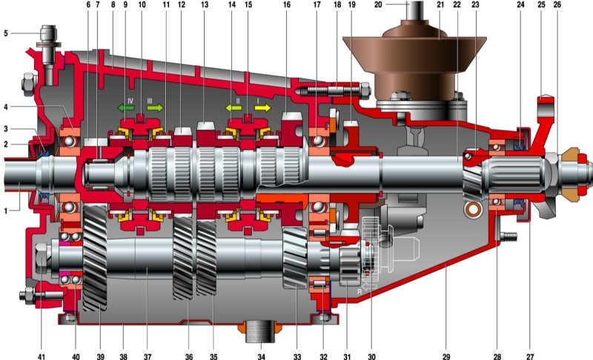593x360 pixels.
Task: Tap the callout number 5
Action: pos(6,33)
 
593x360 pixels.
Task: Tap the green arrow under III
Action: pos(155,108)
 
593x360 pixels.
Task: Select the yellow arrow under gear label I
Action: pos(262,108)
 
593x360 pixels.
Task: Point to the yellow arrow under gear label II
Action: pos(234,108)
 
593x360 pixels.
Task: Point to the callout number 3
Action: pos(6,128)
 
